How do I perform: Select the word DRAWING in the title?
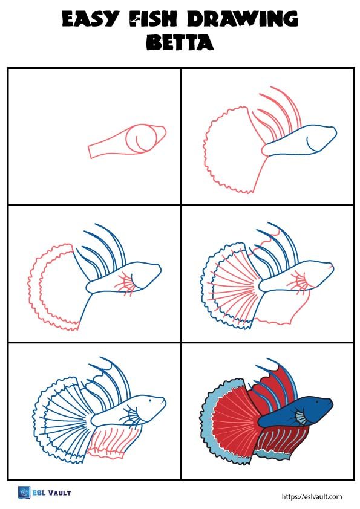tap(242, 20)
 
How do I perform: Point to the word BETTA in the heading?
tap(180, 43)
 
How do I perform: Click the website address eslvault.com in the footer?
tap(312, 496)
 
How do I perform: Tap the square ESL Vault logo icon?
tap(24, 493)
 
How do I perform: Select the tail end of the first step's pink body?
tap(93, 151)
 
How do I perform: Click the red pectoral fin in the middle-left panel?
tap(126, 282)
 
